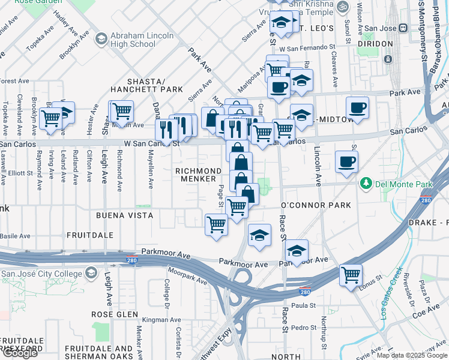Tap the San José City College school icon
[91, 274]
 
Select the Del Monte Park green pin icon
[365, 182]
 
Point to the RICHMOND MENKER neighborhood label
[195, 175]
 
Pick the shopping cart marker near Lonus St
[351, 275]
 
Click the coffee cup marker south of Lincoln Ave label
[346, 162]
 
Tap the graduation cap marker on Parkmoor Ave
[297, 250]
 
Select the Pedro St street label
[304, 328]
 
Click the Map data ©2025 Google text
[412, 355]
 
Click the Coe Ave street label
[427, 310]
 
